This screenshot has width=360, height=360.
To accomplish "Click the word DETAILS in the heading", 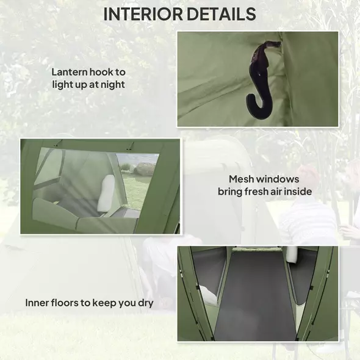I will pos(222,13).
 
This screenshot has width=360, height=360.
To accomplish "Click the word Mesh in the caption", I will pos(242,179).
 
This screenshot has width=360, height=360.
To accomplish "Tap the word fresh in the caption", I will pos(259,192).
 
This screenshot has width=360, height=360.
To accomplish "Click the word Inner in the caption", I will pos(38,303).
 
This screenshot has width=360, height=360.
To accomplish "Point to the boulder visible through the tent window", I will pos(145,168).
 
